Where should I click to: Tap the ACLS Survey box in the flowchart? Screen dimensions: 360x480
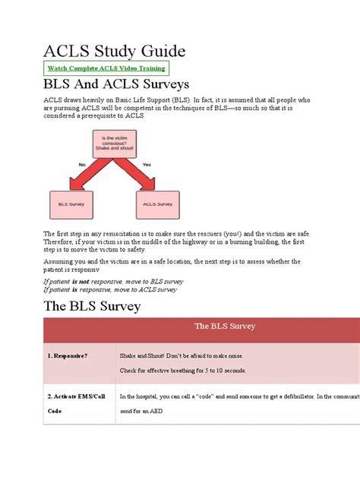[159, 204]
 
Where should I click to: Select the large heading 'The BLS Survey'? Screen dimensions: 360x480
[93, 306]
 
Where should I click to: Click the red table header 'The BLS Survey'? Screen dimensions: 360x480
[225, 326]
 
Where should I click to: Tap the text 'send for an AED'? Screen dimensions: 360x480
[143, 410]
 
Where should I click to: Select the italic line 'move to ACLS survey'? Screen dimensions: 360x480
[111, 289]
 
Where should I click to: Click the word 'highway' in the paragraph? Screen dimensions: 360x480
[216, 242]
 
